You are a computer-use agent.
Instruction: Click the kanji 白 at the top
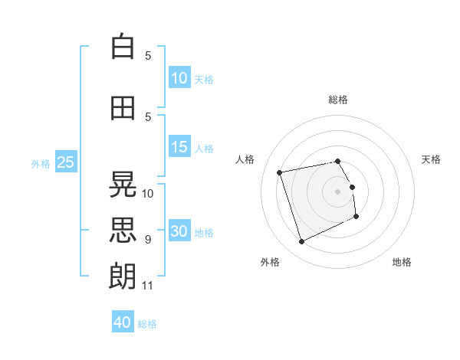123,46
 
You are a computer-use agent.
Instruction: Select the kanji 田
123,108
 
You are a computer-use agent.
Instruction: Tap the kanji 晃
123,185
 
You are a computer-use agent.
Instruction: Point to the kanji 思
123,230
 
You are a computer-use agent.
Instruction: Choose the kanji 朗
123,277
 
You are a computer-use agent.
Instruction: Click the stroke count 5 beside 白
148,56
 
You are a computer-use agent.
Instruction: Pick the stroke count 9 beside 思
148,240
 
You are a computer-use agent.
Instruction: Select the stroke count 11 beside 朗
147,286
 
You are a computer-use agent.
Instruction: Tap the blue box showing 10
179,77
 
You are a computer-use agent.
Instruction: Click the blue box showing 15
179,146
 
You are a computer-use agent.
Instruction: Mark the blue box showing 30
179,230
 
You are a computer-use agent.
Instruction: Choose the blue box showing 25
66,162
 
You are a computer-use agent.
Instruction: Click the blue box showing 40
123,321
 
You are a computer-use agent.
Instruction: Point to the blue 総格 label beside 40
147,324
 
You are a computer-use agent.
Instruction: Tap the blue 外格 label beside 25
41,164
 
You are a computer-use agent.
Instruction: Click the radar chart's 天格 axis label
431,159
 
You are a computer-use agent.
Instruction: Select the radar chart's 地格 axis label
402,262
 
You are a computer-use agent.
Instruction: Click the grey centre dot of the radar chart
337,191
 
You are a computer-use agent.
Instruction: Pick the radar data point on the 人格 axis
279,172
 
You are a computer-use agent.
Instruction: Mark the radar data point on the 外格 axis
301,241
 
